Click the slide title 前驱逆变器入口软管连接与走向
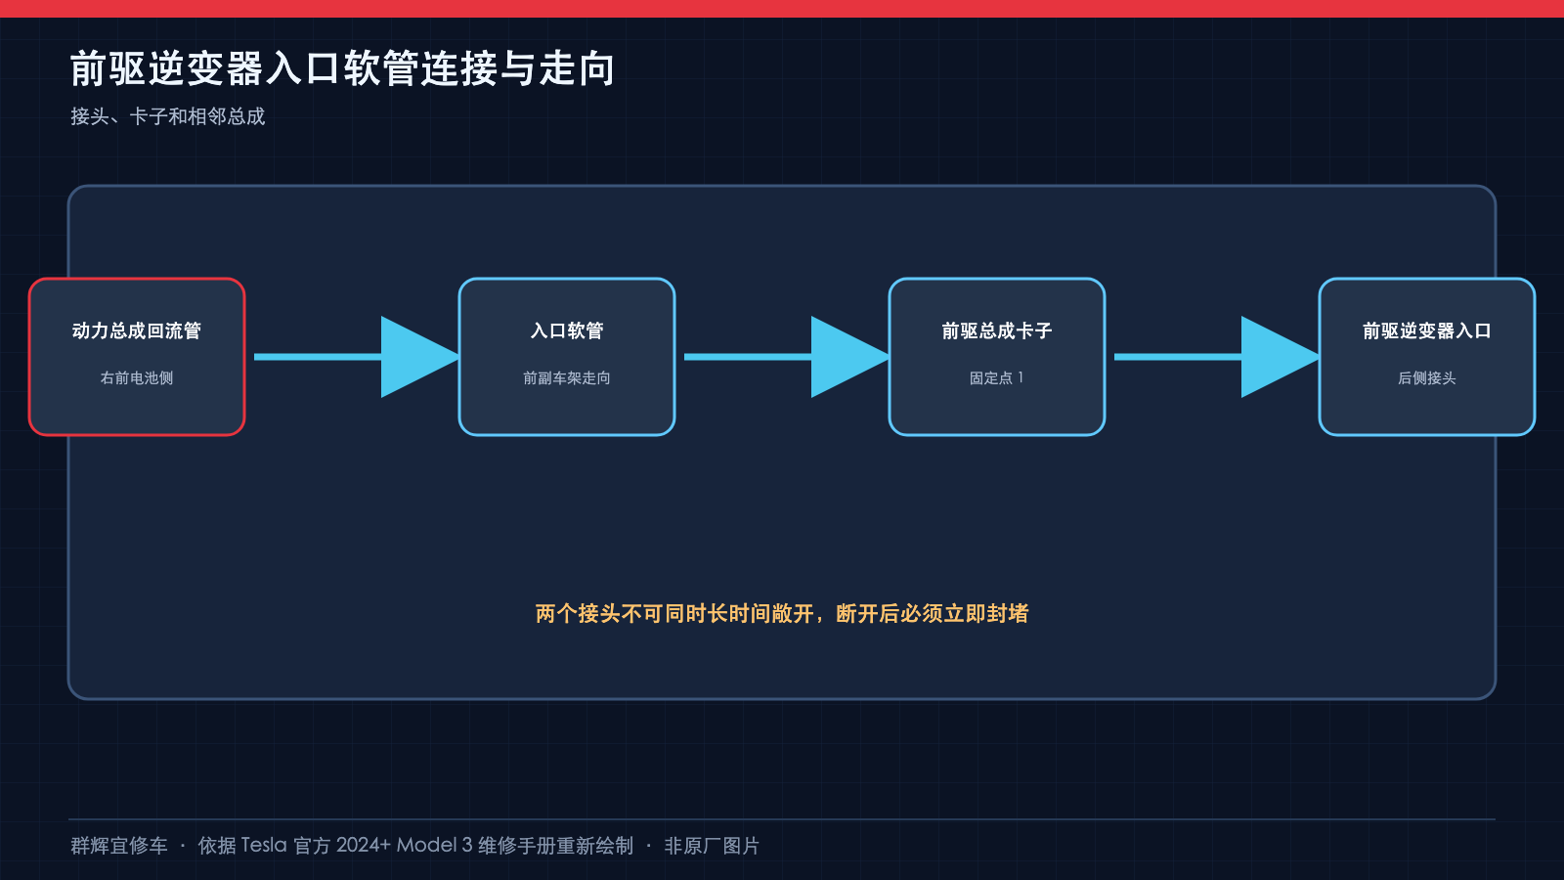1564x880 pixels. [x=342, y=68]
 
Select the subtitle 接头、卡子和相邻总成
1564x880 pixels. [x=167, y=116]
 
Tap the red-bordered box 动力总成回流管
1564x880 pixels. [x=137, y=357]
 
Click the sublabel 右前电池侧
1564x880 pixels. [x=137, y=377]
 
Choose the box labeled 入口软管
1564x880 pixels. [x=567, y=357]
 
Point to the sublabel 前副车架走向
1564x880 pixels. [x=567, y=377]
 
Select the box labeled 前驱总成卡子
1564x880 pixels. [x=997, y=357]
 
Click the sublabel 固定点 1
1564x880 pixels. [x=996, y=377]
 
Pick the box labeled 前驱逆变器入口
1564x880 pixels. [x=1427, y=357]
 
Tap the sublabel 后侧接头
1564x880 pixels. [x=1427, y=377]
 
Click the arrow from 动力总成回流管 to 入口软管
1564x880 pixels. [x=356, y=357]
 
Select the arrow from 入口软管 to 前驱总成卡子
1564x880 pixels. [x=786, y=357]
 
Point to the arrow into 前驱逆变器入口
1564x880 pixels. [x=1216, y=357]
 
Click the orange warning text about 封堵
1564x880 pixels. [x=782, y=614]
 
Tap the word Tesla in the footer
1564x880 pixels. [x=264, y=846]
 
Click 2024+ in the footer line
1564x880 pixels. [x=363, y=846]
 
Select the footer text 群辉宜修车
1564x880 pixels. [x=118, y=846]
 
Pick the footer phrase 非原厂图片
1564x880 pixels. [x=712, y=846]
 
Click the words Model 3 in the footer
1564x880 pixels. [x=435, y=846]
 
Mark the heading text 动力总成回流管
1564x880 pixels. [x=137, y=330]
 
